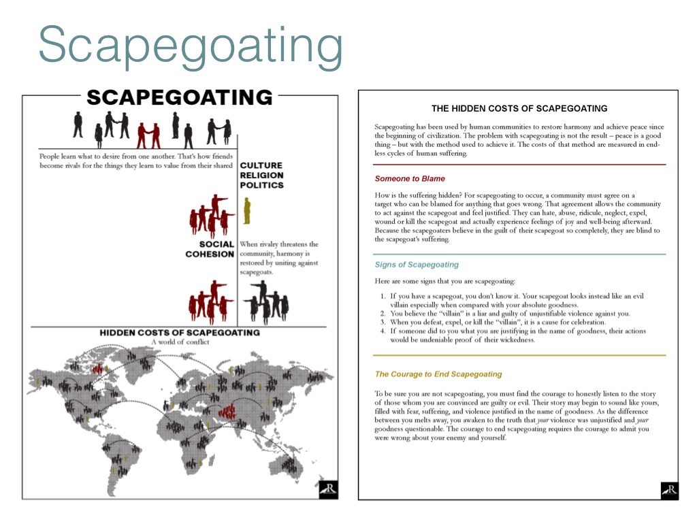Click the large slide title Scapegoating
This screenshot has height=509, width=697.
tap(191, 45)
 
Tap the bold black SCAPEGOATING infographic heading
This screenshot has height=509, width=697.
tap(180, 97)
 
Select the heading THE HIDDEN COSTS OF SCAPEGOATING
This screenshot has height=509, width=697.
tap(519, 108)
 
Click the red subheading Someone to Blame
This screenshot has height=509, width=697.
tap(410, 179)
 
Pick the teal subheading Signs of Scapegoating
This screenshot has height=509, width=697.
tap(417, 265)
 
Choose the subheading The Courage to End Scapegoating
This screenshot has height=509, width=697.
tap(438, 374)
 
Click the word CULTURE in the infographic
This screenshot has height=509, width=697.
tap(261, 166)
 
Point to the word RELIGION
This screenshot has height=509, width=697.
tap(262, 176)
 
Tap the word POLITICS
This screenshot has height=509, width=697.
tap(262, 185)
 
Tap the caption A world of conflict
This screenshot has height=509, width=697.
tap(180, 342)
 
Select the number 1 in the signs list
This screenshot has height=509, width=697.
tap(383, 297)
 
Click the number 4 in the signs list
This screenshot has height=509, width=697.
tap(383, 331)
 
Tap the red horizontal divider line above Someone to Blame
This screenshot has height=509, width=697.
tap(519, 165)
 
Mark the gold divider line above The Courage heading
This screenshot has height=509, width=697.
tap(519, 356)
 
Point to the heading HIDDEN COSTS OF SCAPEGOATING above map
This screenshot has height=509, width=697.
tap(180, 333)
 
